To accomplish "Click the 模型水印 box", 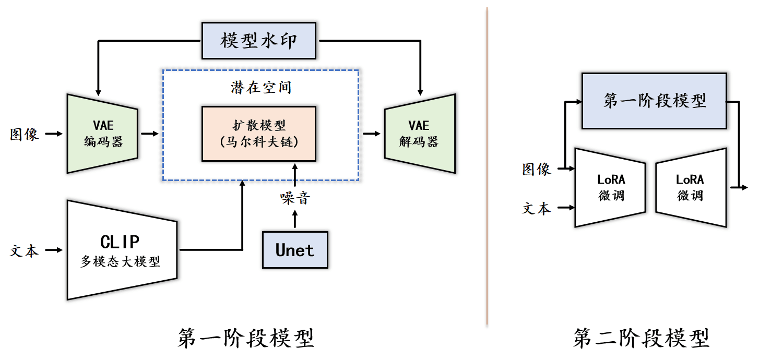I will point(259,41).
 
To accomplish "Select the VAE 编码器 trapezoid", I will point(102,134).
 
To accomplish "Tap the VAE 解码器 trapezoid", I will point(420,134).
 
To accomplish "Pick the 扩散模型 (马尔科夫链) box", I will point(259,134).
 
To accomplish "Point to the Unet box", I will point(295,250).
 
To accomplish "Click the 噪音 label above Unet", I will point(295,198).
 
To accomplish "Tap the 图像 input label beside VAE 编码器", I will point(25,134).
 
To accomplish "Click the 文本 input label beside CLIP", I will point(25,250).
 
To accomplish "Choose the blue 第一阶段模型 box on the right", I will point(654,101).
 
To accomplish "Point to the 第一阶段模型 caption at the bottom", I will point(245,338).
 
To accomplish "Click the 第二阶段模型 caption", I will point(641,338).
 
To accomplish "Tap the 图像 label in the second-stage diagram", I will point(537,169).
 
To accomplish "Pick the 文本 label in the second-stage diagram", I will point(537,209).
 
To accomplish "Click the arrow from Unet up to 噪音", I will point(295,219).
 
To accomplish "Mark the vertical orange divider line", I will point(487,167).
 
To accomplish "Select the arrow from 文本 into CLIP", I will point(54,250).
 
